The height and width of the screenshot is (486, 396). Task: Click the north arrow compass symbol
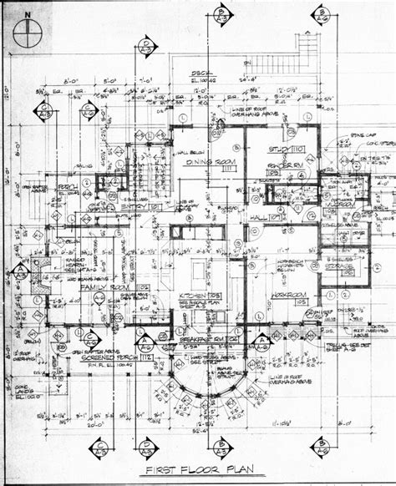coord(33,33)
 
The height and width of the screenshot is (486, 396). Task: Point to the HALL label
coord(258,220)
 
